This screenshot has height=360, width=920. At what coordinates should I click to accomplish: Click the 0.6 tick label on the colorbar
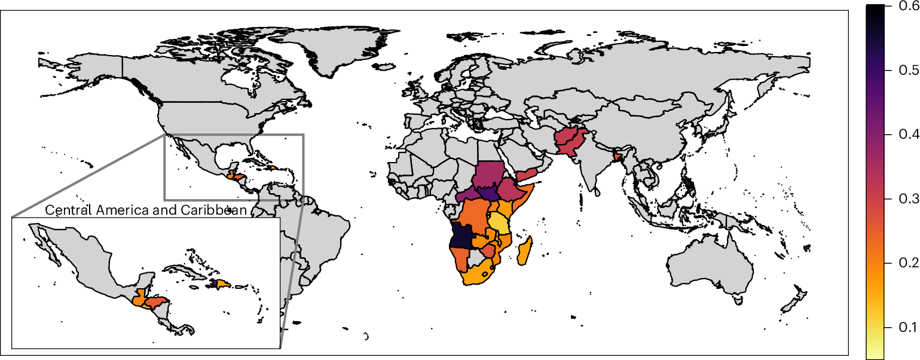[907, 7]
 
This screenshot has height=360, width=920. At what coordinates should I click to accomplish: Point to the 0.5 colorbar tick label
[907, 71]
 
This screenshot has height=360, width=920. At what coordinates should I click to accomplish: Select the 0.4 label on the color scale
[907, 135]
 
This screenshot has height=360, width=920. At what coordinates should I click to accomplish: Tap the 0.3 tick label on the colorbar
[907, 199]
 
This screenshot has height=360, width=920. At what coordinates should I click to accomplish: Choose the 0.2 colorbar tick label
[907, 263]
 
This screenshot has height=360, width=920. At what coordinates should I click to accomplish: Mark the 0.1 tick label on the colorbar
[907, 327]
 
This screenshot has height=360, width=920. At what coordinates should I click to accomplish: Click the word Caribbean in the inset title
[214, 210]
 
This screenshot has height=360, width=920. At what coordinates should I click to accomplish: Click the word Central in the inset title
[67, 210]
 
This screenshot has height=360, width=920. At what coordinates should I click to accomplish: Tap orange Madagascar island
[525, 251]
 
